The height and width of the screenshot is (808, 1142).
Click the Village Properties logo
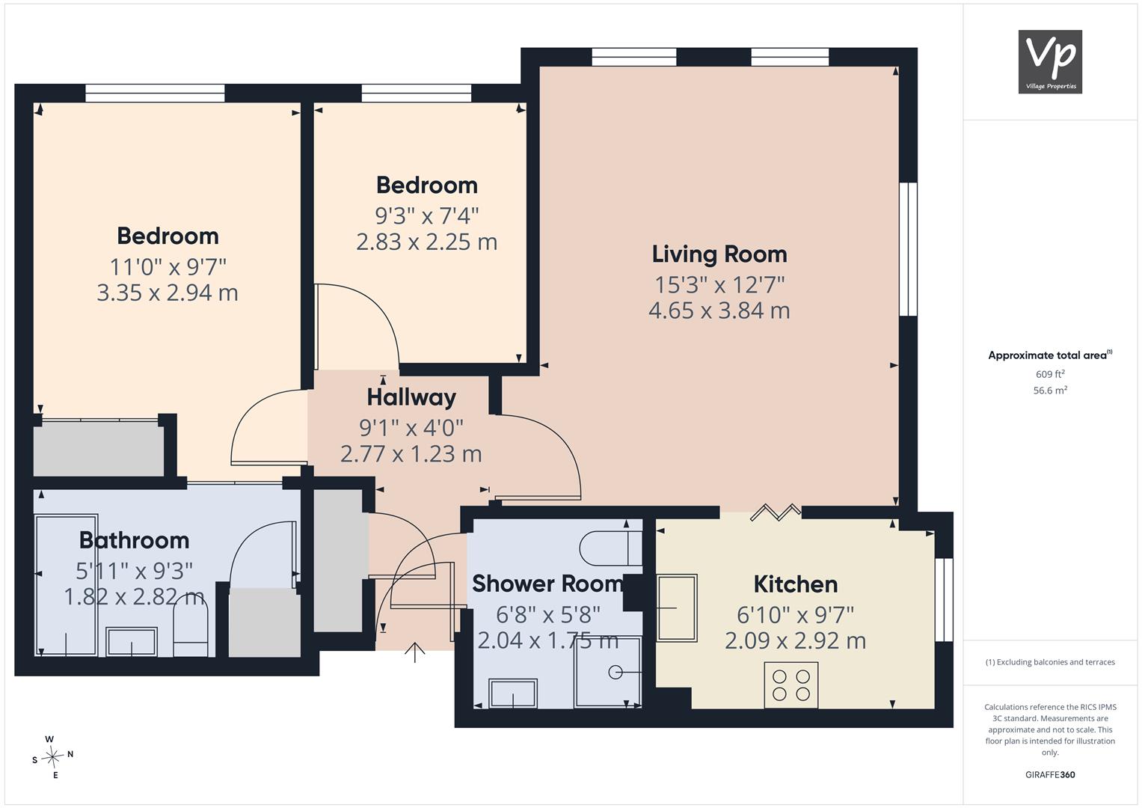tap(1050, 61)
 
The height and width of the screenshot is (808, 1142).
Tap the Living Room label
tap(719, 254)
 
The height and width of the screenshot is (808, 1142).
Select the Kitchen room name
tap(795, 584)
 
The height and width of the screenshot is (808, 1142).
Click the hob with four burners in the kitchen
tap(791, 685)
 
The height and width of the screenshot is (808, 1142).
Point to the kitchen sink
tap(677, 607)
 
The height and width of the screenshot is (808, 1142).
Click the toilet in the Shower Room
tap(611, 548)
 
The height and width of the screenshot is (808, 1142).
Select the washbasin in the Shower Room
tap(513, 694)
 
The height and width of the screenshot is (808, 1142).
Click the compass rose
tap(52, 757)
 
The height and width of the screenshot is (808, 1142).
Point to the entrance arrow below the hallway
tap(415, 652)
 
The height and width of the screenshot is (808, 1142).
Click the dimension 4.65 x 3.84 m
tap(719, 310)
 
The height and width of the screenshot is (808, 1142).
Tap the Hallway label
tap(411, 397)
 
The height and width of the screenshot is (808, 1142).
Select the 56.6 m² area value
tap(1050, 391)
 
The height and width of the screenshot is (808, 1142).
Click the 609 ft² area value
tap(1050, 374)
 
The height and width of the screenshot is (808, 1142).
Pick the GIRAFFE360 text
tap(1050, 775)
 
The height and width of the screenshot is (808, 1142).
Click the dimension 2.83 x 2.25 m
tap(426, 242)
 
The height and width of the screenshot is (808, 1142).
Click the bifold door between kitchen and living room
tap(776, 512)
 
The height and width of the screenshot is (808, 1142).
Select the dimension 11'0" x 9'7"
tap(168, 267)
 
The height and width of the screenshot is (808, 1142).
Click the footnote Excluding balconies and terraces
tap(1050, 662)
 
